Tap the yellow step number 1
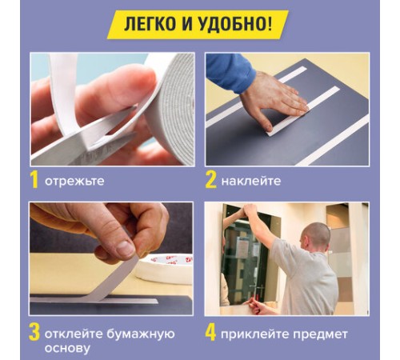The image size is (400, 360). [34, 180]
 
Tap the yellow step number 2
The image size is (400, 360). [210, 180]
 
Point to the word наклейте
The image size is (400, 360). [251, 181]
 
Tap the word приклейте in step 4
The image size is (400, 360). [258, 333]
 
